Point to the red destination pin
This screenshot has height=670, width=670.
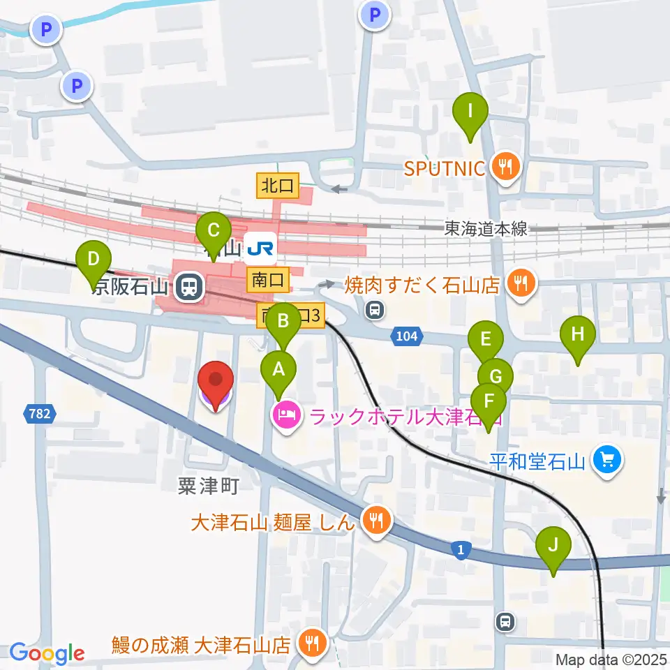point(216,384)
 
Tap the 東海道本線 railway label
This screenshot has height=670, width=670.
point(487,229)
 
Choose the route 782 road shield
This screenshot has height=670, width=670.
point(40,415)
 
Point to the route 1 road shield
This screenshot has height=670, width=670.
point(461,551)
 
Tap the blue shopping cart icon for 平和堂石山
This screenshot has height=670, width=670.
point(606,460)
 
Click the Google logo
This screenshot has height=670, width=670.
point(47,653)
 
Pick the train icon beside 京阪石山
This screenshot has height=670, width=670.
point(188,286)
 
